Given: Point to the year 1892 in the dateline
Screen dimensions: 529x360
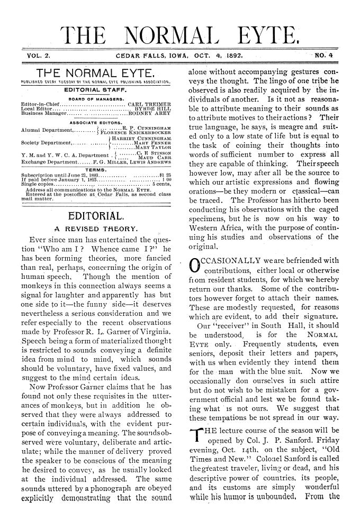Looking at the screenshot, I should point(248,54).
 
